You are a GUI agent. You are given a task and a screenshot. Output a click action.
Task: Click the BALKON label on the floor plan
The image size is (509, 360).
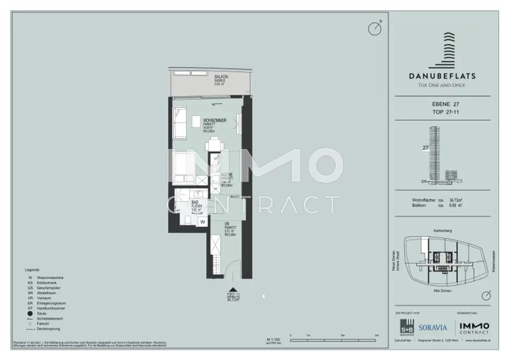point(221,77)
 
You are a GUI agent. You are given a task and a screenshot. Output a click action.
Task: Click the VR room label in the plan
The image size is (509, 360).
point(227,224)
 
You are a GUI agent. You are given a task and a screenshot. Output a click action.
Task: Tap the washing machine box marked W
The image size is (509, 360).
point(202,222)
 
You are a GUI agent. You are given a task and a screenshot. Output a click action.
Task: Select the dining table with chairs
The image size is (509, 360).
point(214,144)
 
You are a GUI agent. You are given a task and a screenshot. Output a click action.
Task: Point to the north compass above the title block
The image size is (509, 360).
point(374,28)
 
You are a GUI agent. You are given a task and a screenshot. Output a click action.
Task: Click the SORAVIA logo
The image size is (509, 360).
point(432,328)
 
